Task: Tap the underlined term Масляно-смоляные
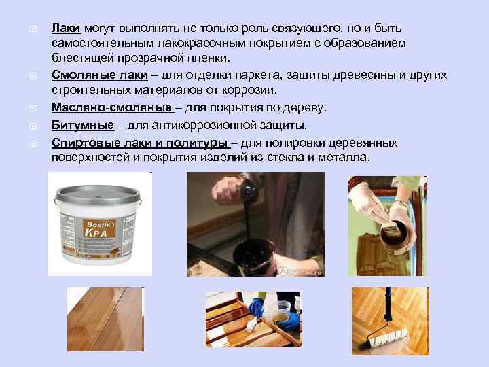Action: pyautogui.click(x=111, y=109)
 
